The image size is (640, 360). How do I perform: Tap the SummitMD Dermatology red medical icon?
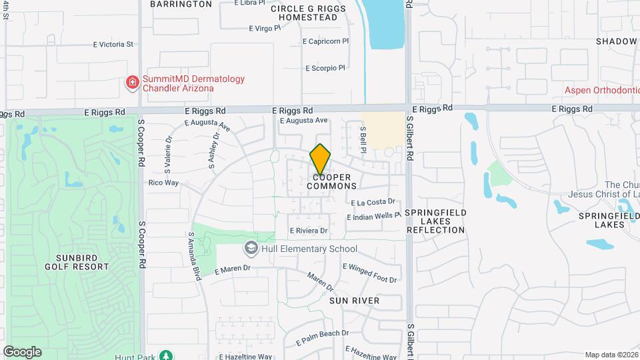(x=133, y=83)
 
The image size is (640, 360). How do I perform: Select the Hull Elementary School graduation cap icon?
(x=251, y=249)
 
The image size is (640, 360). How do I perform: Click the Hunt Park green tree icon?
(x=165, y=355)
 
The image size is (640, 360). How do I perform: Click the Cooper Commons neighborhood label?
(x=332, y=181)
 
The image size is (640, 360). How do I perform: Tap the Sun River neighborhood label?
(x=354, y=301)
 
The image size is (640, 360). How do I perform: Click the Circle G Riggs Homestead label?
(x=305, y=13)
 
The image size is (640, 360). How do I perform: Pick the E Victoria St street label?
(x=114, y=45)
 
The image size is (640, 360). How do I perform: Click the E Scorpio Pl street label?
(x=325, y=68)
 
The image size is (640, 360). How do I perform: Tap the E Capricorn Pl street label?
(x=325, y=41)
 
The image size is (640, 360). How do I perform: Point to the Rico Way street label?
(x=163, y=182)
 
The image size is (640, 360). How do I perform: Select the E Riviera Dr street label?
(x=309, y=231)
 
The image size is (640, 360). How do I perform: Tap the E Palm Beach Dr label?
(x=322, y=333)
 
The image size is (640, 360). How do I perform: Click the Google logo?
(x=22, y=352)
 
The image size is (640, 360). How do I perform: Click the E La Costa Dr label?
(x=373, y=202)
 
